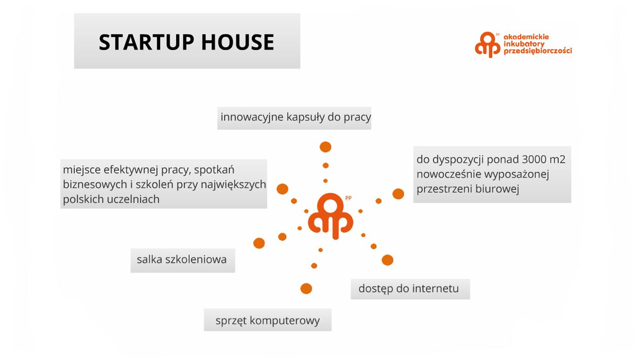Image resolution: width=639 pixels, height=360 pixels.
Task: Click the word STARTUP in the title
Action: click(146, 42)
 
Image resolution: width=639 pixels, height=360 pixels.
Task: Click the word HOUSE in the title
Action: click(238, 42)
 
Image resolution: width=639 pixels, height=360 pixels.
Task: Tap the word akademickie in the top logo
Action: click(526, 37)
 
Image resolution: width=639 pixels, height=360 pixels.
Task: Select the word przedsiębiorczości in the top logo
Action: click(538, 51)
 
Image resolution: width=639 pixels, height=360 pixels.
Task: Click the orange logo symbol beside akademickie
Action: click(488, 45)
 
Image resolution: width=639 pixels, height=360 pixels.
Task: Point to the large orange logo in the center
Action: click(330, 216)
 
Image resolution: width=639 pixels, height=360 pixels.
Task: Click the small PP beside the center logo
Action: click(348, 198)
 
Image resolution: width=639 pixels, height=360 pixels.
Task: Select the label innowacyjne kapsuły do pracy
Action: click(296, 117)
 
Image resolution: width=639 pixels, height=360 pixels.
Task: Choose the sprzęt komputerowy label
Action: click(268, 320)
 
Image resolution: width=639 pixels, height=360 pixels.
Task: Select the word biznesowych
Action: click(94, 184)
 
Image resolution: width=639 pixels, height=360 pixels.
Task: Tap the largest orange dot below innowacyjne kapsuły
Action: click(325, 147)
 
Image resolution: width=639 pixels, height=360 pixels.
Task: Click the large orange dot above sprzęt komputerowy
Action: click(306, 289)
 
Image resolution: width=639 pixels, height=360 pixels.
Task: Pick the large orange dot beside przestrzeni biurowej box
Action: click(398, 194)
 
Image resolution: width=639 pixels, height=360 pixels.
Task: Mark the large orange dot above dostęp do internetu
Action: click(387, 260)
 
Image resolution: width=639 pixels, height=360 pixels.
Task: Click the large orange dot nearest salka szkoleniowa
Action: click(259, 243)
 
